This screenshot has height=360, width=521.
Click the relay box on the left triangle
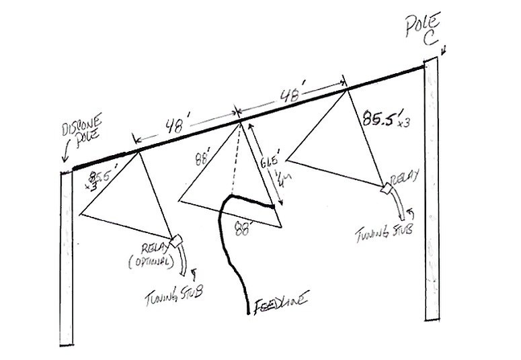pos(177,240)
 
